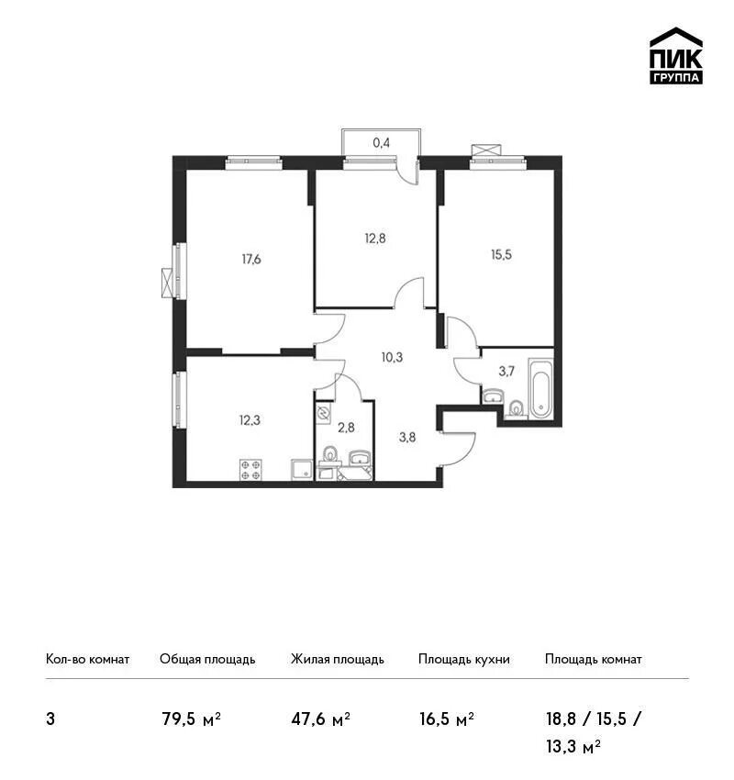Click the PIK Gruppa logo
point(676,56)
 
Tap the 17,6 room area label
point(251,259)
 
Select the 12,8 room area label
point(375,239)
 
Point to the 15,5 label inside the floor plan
point(501,255)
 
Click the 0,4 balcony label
point(382,143)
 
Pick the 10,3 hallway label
point(392,357)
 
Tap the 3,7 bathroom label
point(506,371)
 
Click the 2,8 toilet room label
point(346,427)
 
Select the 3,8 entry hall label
point(407,437)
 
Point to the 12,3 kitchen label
point(250,420)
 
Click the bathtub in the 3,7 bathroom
point(540,388)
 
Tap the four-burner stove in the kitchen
point(251,470)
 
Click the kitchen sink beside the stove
point(302,470)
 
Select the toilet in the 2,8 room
point(329,455)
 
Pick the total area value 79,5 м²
point(192,719)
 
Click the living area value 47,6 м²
point(321,719)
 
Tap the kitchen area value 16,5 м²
point(447,719)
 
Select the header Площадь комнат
point(594,659)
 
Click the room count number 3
point(50,719)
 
